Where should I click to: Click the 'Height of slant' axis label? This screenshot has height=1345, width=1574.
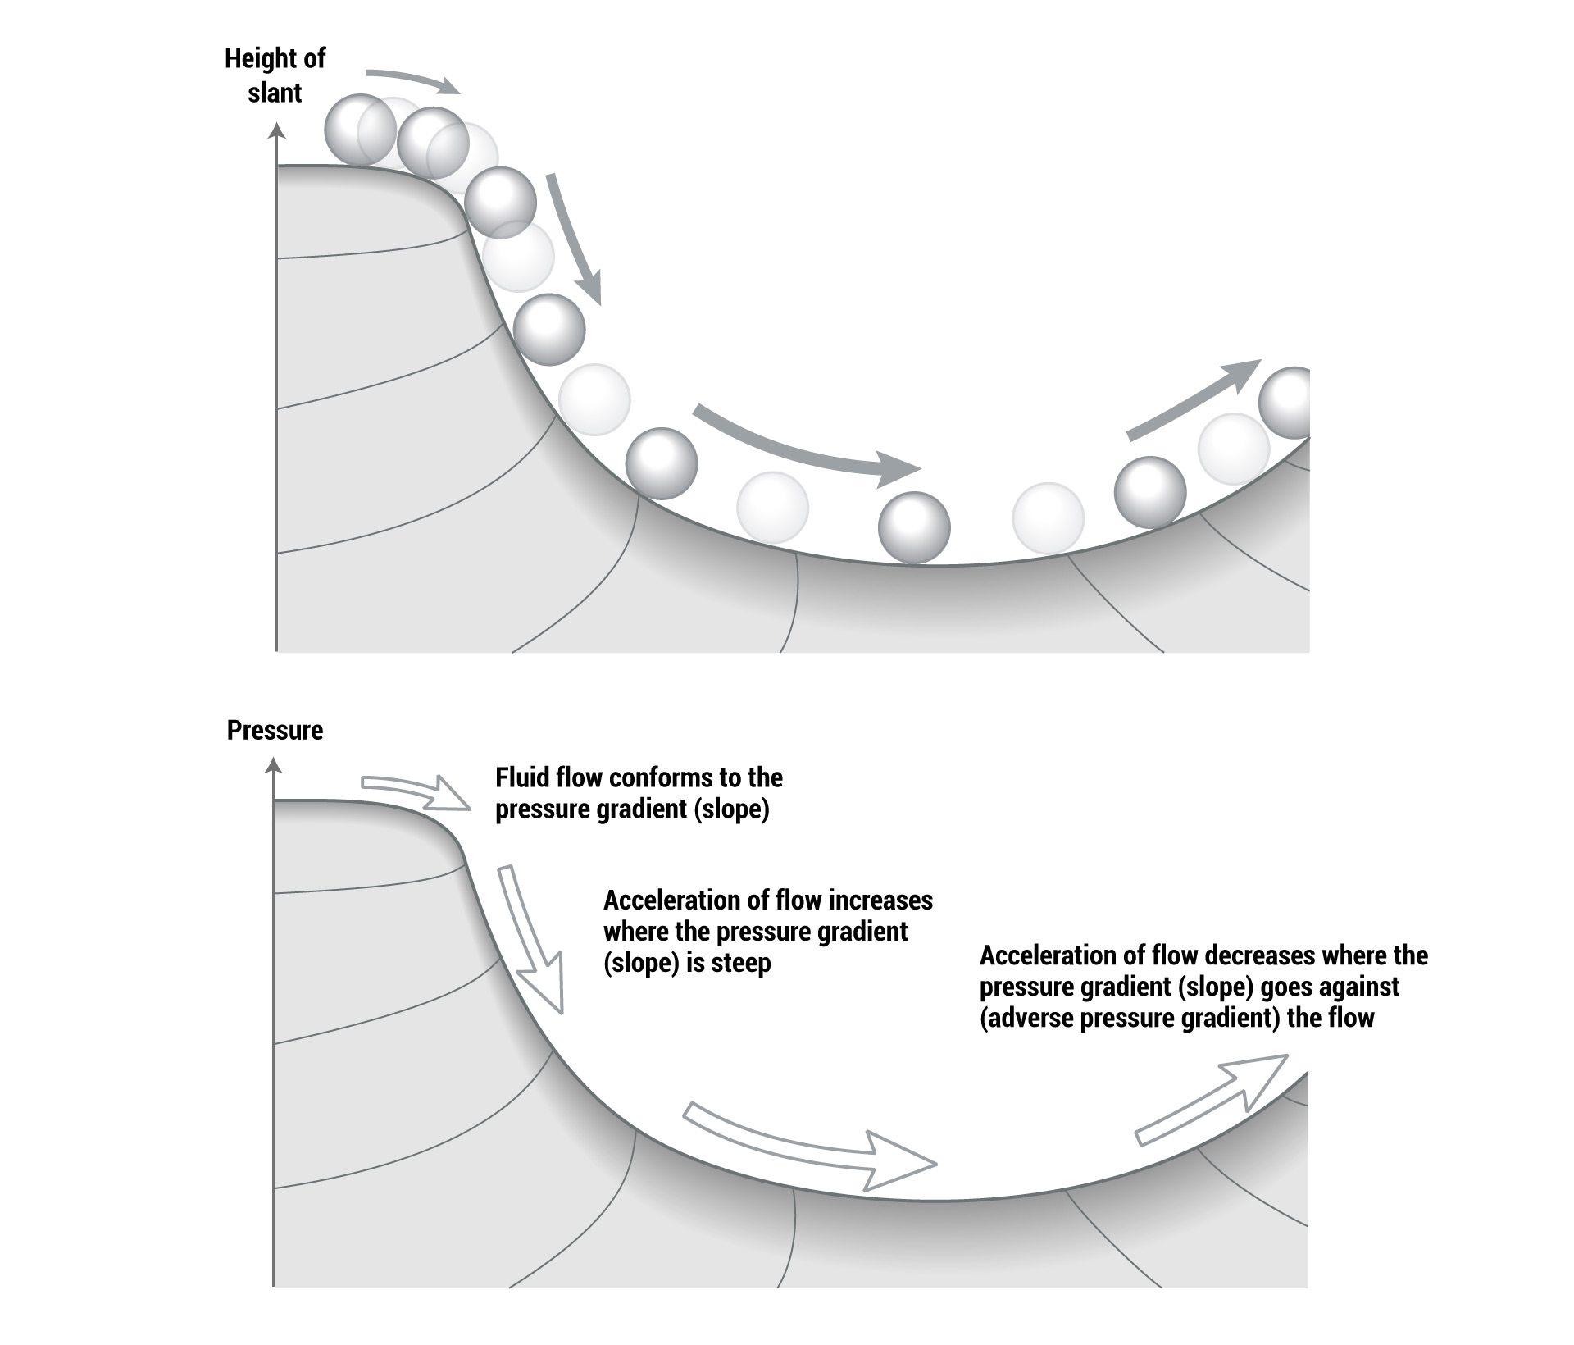tap(275, 75)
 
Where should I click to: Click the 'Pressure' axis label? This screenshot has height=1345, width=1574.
tap(275, 730)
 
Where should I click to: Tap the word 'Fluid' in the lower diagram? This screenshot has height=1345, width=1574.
tap(523, 777)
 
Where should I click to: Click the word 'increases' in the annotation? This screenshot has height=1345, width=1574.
tap(881, 900)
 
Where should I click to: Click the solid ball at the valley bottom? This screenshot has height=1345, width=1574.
tap(914, 527)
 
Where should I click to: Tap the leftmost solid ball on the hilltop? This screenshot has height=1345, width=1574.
tap(361, 129)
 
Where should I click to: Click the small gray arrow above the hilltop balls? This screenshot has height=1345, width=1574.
tap(412, 80)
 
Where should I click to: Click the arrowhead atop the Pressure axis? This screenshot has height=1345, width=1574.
tap(274, 767)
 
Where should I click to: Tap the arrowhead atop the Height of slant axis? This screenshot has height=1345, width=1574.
tap(278, 130)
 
